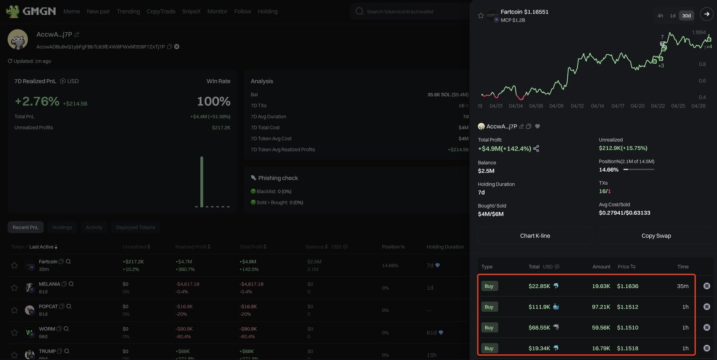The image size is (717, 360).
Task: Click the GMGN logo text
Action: point(39,11)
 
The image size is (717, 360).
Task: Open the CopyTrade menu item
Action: point(161,11)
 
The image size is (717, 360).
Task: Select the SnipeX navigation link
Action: point(191,11)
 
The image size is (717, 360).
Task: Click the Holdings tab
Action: point(62,227)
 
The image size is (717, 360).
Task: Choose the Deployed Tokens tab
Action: point(135,227)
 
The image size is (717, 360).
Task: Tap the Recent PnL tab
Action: point(26,227)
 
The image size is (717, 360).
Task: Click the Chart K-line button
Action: point(535,236)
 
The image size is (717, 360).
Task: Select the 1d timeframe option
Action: point(672,16)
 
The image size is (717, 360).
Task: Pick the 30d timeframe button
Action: point(686,16)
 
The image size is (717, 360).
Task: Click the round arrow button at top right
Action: point(706,14)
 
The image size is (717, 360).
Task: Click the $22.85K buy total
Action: point(539,286)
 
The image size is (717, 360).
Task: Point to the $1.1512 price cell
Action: point(627,307)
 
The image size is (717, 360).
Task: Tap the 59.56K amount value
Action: point(601,328)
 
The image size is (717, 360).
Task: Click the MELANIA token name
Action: point(49,284)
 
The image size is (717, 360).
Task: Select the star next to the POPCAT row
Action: point(14,310)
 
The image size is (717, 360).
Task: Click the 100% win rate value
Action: point(214,101)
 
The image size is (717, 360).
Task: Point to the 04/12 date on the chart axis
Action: point(577,106)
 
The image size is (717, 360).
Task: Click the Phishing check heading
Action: point(278,178)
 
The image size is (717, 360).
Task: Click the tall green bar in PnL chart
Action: point(202,182)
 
